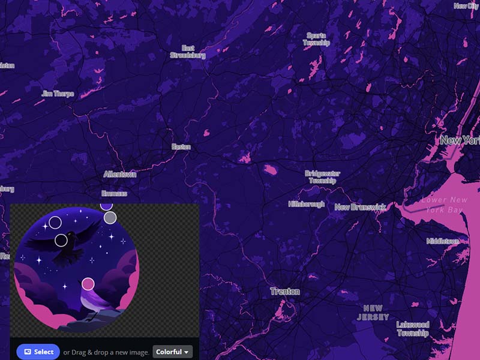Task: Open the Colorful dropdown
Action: (172, 352)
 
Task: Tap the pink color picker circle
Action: (88, 283)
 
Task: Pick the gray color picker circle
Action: (110, 218)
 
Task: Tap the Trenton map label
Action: (285, 292)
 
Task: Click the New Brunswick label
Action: (359, 207)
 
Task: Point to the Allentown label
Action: (120, 174)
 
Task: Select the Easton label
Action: (181, 146)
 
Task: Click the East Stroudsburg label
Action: (188, 52)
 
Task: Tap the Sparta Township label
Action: (316, 39)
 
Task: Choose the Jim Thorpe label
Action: (58, 94)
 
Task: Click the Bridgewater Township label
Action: (323, 177)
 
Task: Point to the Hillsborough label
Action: (307, 204)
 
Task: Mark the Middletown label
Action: (443, 241)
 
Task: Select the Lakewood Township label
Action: (413, 329)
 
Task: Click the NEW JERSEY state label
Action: (373, 313)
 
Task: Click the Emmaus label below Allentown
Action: (114, 193)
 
